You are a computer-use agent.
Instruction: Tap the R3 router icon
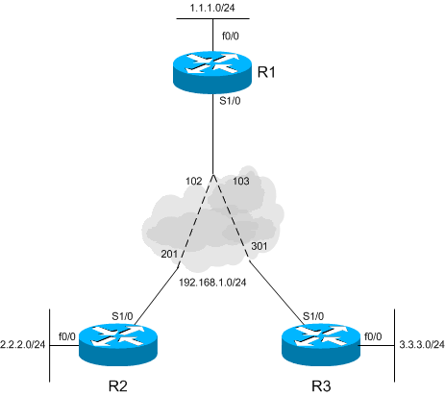click(x=318, y=343)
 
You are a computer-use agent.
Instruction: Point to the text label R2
click(x=119, y=386)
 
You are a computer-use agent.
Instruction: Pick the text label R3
click(x=318, y=386)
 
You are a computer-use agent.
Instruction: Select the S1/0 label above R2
click(x=122, y=314)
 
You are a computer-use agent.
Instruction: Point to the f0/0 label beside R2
click(x=66, y=336)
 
